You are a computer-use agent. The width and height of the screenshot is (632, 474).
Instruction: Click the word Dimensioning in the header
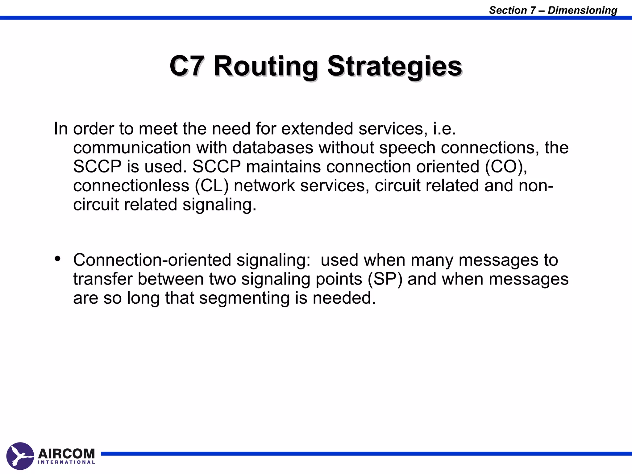tap(582, 10)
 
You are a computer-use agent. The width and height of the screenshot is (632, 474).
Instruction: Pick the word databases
tap(273, 148)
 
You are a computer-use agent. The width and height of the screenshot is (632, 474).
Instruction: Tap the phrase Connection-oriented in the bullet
tap(152, 260)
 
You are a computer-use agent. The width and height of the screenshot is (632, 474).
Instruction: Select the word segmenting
tap(244, 298)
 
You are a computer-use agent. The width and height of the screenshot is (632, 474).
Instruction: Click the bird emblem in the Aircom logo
tap(20, 456)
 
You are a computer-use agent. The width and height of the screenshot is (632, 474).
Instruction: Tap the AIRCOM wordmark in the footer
tap(66, 453)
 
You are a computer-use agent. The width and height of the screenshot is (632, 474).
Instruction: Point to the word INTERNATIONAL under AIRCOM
tap(66, 462)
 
